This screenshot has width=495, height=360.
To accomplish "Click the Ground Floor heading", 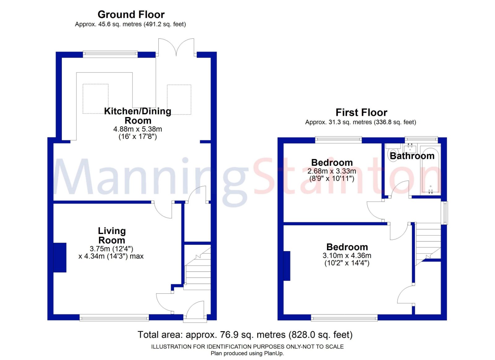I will point(131,15).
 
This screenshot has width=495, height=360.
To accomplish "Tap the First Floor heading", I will point(361,112).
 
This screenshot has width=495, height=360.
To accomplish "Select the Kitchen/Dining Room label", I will point(138,115).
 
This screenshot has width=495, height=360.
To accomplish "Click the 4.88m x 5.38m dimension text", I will point(138,129).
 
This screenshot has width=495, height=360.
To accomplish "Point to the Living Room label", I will point(112,235).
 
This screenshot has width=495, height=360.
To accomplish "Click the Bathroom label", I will point(412,156).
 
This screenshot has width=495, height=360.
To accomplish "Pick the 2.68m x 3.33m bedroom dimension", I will point(331,171).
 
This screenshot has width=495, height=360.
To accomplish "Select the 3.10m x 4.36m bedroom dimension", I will point(346,255).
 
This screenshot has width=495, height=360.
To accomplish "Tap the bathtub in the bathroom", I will point(430,173).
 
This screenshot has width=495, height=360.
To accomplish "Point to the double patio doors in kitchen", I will point(176,47).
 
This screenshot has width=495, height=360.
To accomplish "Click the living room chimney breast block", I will point(60,258).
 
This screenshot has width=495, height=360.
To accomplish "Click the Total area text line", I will point(245,335).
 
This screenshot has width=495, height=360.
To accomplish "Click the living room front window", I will point(114,317).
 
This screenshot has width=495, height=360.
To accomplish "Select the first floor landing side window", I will point(445,213).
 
